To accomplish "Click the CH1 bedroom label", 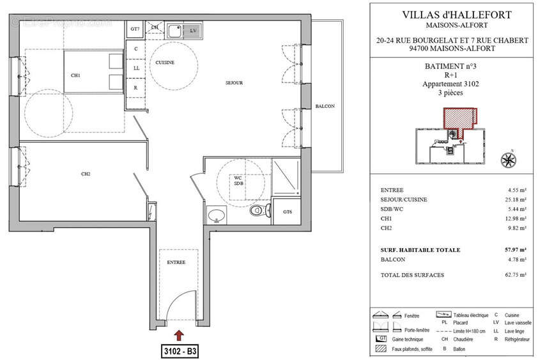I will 75,75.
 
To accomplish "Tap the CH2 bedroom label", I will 85,173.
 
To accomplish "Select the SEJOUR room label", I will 233,83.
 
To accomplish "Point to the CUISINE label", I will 165,62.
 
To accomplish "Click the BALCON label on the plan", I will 325,106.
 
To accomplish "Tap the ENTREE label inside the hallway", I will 176,262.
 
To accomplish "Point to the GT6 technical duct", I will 287,212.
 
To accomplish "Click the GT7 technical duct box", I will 135,29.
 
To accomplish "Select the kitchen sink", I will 175,29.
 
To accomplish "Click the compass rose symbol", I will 509,159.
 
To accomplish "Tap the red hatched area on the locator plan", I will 459,118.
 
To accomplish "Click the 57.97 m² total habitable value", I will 516,250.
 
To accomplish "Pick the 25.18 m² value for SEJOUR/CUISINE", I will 516,200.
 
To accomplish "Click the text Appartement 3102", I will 451,84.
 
